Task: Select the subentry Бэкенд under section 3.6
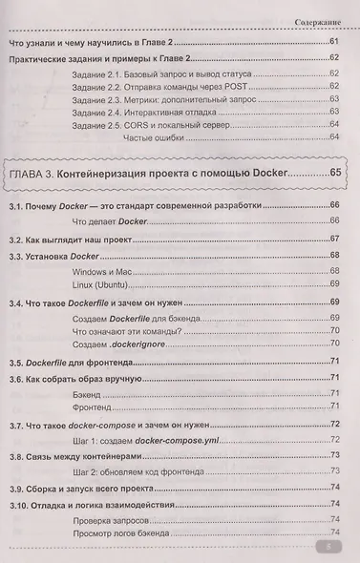pyautogui.click(x=89, y=393)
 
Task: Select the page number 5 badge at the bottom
pyautogui.click(x=326, y=548)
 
